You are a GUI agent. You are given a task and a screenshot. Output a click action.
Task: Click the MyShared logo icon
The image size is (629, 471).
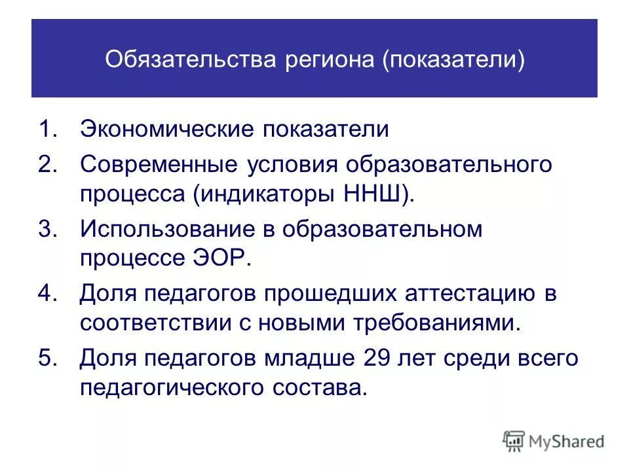[x=514, y=441]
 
